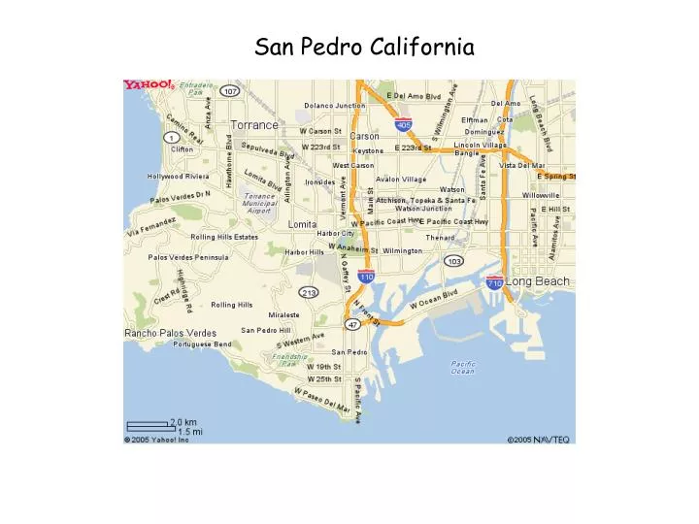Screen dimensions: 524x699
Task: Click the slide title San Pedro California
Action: [364, 46]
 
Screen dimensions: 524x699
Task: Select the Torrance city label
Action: [254, 125]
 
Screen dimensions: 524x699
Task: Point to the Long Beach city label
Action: [538, 281]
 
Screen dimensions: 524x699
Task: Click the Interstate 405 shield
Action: [404, 124]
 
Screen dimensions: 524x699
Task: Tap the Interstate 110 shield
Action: [366, 278]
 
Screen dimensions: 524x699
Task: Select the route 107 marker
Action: [229, 91]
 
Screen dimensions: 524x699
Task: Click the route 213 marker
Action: [310, 292]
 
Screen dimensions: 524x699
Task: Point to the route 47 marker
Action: [353, 324]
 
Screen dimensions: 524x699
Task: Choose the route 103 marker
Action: [453, 261]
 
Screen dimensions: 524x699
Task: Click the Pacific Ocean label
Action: [463, 368]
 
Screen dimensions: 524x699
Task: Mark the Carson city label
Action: [364, 136]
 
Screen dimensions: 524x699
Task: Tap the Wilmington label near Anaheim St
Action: [403, 250]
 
